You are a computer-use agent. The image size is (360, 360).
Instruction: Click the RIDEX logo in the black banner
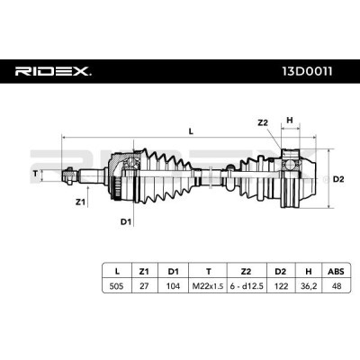pos(53,71)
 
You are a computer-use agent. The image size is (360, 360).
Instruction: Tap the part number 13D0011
pos(307,71)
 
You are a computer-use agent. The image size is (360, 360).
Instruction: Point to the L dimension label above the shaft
pos(191,131)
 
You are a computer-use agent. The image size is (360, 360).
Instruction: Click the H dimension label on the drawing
pos(290,121)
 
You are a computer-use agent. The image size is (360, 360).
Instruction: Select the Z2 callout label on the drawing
pos(263,122)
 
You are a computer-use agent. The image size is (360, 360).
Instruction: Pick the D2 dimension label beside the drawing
pos(338,179)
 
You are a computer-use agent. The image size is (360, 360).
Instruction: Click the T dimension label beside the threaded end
pos(36,173)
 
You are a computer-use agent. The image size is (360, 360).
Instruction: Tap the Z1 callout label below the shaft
pos(79,202)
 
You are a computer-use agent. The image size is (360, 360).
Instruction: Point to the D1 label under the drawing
pos(126,222)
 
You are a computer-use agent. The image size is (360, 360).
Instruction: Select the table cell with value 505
pos(116,286)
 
